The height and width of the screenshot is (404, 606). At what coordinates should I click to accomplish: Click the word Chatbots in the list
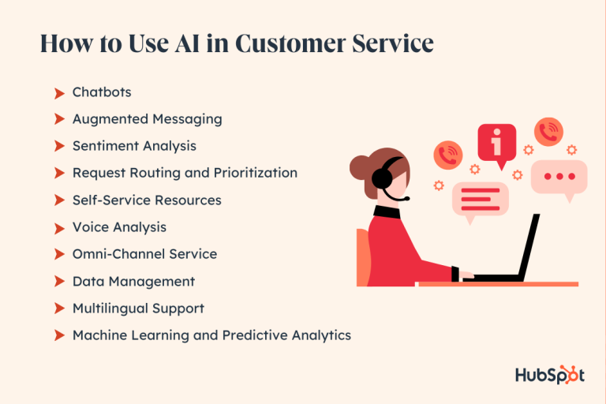tap(102, 92)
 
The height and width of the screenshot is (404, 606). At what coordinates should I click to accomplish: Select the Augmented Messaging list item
tap(147, 119)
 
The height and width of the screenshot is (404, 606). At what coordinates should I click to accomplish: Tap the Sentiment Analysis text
tap(134, 146)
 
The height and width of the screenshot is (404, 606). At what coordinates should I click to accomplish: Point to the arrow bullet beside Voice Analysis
tap(59, 228)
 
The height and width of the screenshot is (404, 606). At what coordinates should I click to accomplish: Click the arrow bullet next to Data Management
tap(59, 282)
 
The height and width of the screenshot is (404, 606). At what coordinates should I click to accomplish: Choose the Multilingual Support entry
tap(138, 308)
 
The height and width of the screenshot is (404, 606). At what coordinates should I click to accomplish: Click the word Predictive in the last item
tap(253, 335)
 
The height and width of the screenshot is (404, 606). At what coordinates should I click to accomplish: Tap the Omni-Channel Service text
tap(144, 254)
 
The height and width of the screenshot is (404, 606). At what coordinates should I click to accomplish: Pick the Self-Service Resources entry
tap(147, 200)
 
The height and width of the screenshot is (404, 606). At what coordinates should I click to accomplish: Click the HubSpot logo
tap(550, 375)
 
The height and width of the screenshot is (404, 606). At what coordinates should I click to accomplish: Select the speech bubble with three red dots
tap(559, 176)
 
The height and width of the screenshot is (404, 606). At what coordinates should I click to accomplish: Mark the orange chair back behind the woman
tap(363, 256)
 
